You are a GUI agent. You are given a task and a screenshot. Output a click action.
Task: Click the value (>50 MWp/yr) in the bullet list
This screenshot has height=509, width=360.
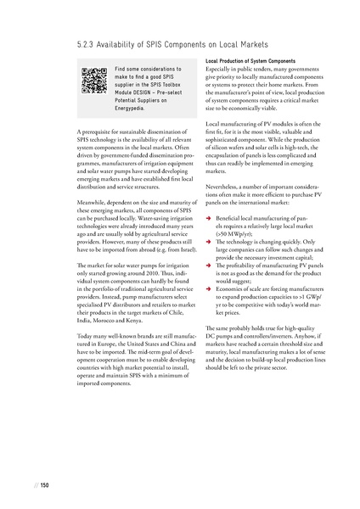tap(234, 232)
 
